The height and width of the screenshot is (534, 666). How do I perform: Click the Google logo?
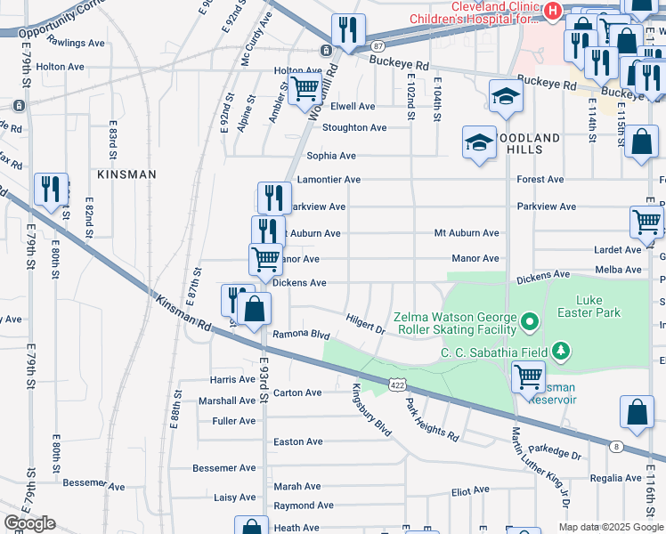tap(29, 523)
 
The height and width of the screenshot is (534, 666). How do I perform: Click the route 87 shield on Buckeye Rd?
tap(378, 45)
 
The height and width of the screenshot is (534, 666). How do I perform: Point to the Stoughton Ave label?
tap(354, 128)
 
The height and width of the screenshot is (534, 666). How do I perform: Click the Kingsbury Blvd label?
tap(371, 409)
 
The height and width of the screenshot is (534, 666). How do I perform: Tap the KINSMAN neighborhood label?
tap(126, 175)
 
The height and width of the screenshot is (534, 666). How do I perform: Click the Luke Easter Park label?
tap(597, 307)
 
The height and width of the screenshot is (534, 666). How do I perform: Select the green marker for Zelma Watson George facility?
tap(529, 320)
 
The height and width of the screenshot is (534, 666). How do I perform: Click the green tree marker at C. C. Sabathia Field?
tap(560, 352)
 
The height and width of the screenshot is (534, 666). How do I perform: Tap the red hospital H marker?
tap(552, 12)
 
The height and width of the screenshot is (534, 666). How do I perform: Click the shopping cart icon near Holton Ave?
tap(305, 88)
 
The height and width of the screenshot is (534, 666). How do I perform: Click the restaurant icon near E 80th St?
tap(50, 189)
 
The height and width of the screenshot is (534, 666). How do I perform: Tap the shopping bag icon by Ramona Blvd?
tap(254, 309)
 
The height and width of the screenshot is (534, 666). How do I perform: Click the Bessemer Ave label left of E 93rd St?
tap(225, 468)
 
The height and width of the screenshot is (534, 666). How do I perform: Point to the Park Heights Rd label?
tap(432, 420)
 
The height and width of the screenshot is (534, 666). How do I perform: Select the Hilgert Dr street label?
tap(365, 322)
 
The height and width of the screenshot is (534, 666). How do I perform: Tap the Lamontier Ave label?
tap(329, 180)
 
